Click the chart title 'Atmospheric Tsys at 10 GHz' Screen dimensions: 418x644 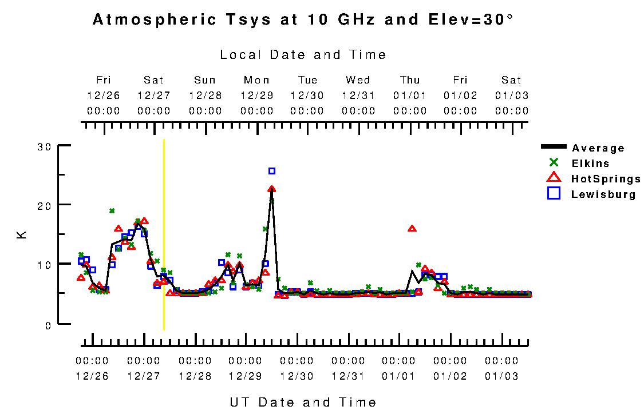click(303, 20)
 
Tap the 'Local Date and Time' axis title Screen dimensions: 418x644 click(303, 55)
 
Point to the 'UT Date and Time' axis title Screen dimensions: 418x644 click(303, 402)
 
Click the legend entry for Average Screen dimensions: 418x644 click(598, 148)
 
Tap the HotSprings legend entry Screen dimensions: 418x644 click(606, 179)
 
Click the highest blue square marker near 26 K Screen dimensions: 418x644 click(272, 171)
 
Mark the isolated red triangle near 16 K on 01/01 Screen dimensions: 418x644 click(412, 229)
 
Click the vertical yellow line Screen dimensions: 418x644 click(164, 234)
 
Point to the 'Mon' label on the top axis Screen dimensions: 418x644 click(256, 80)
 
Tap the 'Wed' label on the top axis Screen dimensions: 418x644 click(358, 80)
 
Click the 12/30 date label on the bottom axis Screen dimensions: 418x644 click(297, 376)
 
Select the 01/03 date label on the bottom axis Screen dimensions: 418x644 click(501, 376)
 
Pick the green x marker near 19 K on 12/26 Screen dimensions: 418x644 click(112, 211)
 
